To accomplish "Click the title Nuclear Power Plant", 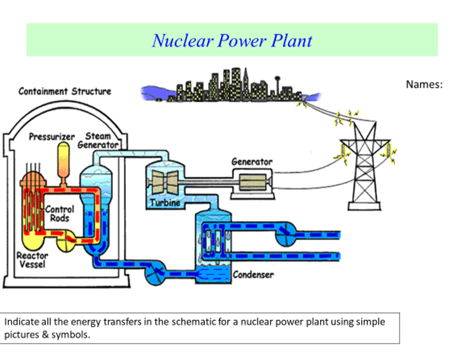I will [x=232, y=40].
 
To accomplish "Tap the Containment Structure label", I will [x=64, y=91].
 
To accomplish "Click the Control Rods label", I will [x=59, y=214].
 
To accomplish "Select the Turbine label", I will [x=165, y=203].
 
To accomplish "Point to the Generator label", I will [x=251, y=162].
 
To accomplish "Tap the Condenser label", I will [x=253, y=274].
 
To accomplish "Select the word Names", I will [x=424, y=84].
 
